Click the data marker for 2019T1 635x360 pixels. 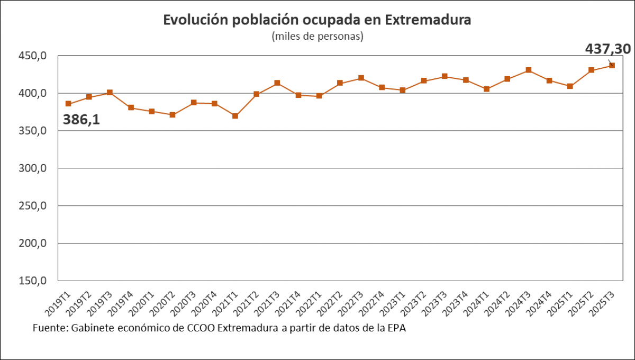pos(68,104)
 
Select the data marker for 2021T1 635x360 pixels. pos(235,116)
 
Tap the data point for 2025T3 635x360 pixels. pos(612,66)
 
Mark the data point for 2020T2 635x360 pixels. pos(173,115)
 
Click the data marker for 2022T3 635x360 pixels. pos(361,78)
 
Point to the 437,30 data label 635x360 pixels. pos(607,49)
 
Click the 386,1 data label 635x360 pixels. pos(81,120)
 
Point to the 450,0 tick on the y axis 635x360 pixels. pos(33,56)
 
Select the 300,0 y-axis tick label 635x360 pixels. pos(33,168)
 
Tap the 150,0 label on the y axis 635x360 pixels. pos(33,281)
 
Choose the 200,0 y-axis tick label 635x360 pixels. pos(33,244)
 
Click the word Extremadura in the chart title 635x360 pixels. pos(428,20)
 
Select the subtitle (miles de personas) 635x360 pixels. pos(317,37)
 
